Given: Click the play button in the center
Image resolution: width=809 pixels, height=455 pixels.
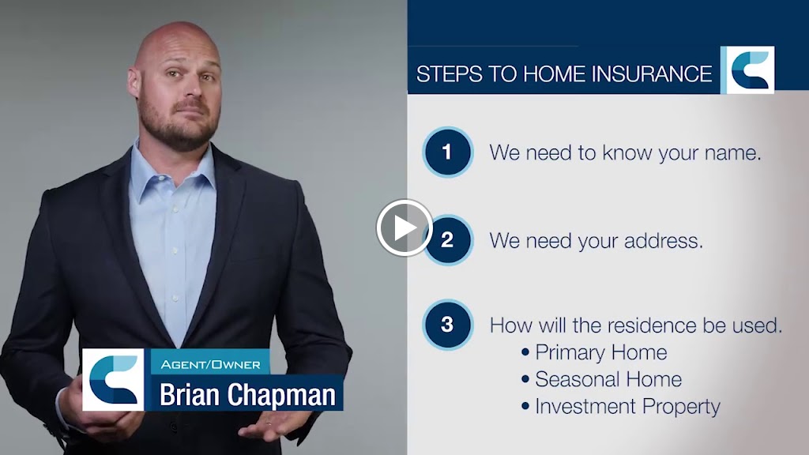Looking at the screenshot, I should coord(404,227).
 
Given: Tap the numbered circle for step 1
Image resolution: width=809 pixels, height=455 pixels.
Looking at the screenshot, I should coord(447,152).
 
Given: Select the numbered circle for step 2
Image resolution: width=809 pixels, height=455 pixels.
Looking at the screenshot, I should coord(447,239).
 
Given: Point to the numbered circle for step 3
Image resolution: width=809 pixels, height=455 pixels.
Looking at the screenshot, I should coord(447,324).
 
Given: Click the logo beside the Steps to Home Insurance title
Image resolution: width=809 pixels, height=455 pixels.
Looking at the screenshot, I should coord(747,70).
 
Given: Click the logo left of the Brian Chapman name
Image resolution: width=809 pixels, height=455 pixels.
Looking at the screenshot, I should coord(113,379).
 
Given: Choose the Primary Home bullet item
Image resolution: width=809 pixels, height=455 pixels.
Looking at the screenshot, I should coord(600,352).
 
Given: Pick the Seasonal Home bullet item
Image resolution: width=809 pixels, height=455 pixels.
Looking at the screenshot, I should coord(608,379).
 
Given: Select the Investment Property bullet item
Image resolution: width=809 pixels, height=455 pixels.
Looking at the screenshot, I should coord(627,407).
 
